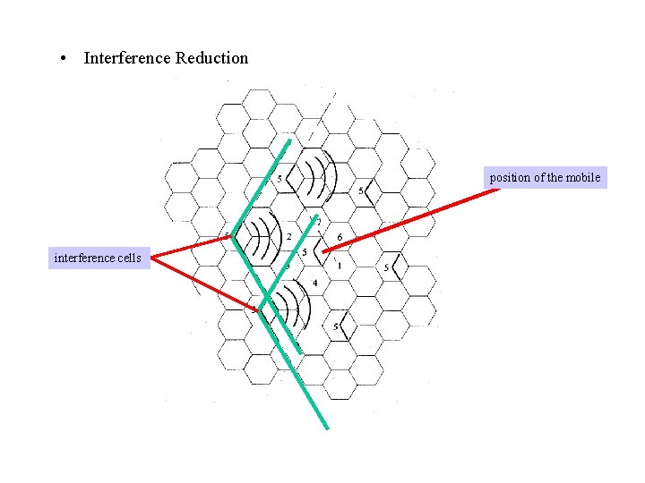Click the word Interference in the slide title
point(127,58)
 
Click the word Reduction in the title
point(212,58)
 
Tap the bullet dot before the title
point(64,59)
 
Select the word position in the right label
point(510,177)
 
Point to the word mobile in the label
point(583,177)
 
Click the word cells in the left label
point(126,258)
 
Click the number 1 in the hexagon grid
point(340,266)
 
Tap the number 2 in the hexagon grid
point(288,236)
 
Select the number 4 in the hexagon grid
point(314,284)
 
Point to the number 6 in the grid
point(340,236)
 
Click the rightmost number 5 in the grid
point(386,267)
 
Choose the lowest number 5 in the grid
point(336,327)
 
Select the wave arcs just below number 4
point(292,309)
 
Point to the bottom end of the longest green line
point(327,428)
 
